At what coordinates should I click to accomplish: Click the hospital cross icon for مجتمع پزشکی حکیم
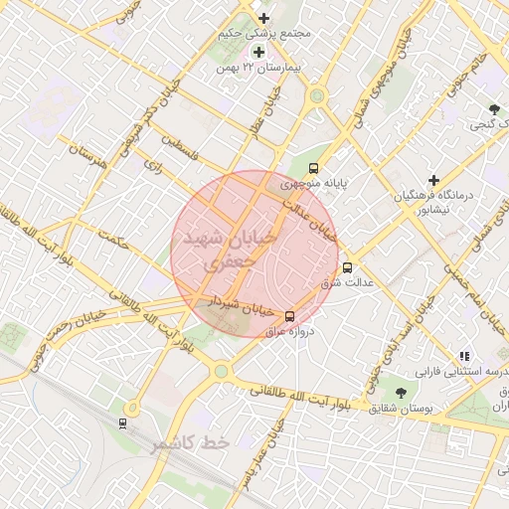[x=263, y=18]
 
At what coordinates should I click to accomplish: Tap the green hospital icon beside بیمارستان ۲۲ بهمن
[x=258, y=52]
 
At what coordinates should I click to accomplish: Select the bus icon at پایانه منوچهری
[x=314, y=168]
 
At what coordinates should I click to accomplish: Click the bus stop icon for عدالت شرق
[x=348, y=267]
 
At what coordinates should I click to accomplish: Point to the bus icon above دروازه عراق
[x=289, y=316]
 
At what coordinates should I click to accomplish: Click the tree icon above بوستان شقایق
[x=401, y=393]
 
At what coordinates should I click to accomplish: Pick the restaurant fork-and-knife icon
[x=463, y=356]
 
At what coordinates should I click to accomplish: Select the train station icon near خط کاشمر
[x=122, y=423]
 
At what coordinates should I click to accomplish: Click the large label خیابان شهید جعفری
[x=227, y=248]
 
